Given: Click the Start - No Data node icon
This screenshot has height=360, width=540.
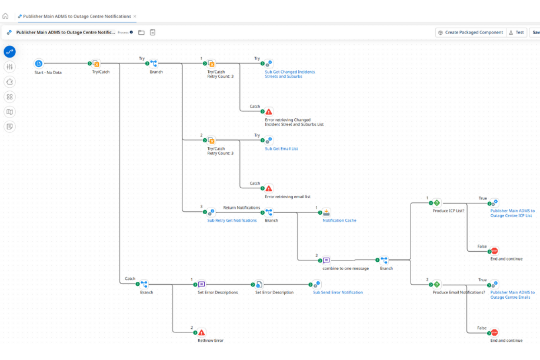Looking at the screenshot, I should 39,64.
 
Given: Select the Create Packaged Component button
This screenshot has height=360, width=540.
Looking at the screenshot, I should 471,32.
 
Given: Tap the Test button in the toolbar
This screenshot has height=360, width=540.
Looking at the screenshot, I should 516,32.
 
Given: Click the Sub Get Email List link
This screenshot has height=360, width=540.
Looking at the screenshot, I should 281,149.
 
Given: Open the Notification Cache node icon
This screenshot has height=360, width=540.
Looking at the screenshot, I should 326,212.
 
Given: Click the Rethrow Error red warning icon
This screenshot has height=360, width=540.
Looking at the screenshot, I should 202,332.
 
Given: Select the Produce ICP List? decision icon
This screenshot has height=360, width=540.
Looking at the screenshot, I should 436,202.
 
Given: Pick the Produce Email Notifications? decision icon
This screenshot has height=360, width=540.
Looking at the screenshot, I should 436,284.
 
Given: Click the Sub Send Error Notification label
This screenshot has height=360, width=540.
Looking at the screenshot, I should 338,292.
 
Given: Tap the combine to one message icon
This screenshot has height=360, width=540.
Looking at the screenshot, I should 326,260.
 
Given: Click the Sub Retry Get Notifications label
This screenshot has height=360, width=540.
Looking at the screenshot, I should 232,221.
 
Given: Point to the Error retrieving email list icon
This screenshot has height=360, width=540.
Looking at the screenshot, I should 269,188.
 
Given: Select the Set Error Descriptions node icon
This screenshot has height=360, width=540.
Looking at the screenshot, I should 202,284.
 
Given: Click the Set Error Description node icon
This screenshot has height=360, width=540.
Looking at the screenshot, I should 259,284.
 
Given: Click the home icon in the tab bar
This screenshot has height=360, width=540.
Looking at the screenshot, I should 6,16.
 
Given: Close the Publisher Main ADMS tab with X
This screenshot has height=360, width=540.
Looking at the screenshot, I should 135,16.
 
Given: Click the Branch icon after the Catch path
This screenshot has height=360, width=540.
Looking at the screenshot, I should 144,284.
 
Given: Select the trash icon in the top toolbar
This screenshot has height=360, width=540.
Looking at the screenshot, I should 152,32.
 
